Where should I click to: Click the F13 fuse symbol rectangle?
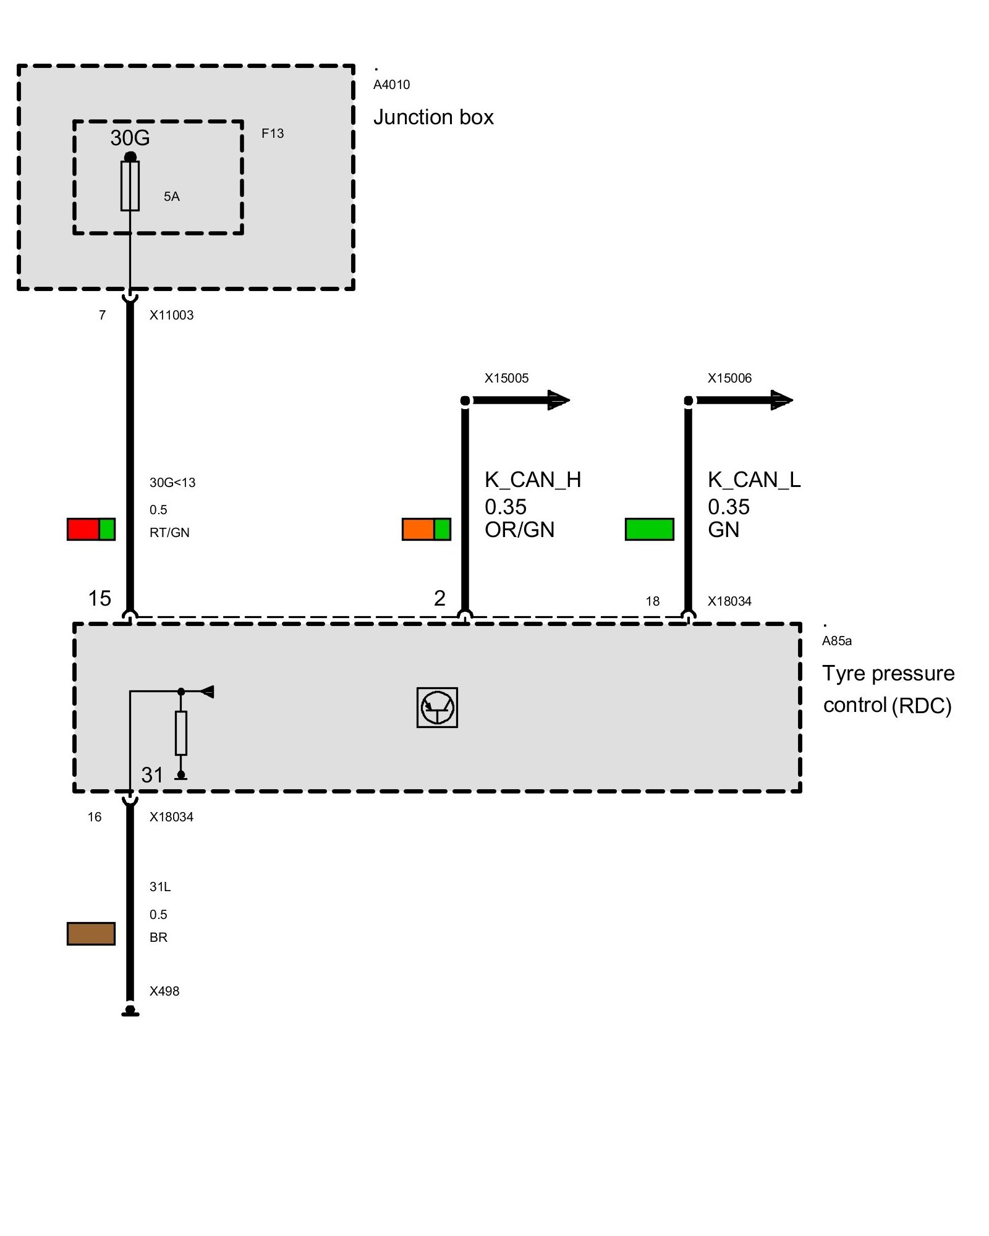130,186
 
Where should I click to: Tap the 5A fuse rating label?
171,197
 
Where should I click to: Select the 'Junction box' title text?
433,117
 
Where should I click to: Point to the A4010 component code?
391,85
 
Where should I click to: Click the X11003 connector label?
171,315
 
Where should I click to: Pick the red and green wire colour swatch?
91,529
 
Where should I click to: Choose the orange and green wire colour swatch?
426,529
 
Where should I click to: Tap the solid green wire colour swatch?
649,529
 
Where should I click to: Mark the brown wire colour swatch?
91,933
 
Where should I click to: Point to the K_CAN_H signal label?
533,480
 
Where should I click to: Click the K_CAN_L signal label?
754,480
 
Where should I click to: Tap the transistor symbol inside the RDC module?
437,708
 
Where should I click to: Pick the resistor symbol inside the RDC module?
181,733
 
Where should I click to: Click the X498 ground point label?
164,991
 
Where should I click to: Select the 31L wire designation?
160,887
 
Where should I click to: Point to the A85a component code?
836,641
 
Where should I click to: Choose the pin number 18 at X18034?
653,601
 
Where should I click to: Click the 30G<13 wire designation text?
172,483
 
